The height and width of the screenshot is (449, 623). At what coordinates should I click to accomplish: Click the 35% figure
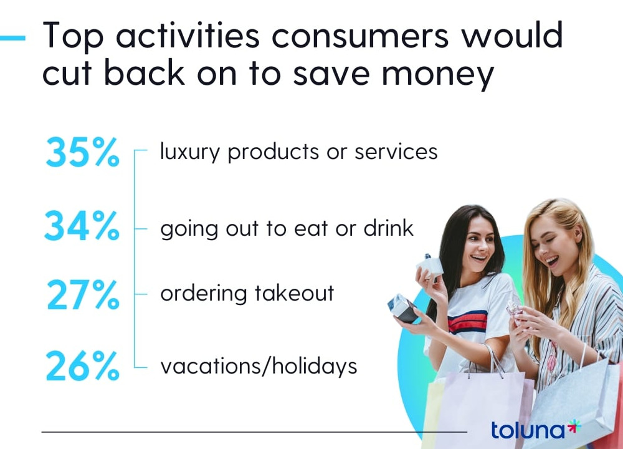[82, 152]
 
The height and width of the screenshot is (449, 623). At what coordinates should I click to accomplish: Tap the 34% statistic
[82, 226]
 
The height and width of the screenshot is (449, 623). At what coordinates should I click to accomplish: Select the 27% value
[83, 295]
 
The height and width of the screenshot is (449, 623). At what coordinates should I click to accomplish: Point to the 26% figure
[82, 366]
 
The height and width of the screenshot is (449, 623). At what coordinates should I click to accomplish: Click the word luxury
[189, 152]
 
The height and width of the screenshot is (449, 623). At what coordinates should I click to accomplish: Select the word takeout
[295, 293]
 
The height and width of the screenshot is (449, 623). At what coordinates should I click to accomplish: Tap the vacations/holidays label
[259, 366]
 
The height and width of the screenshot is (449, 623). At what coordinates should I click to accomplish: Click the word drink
[389, 228]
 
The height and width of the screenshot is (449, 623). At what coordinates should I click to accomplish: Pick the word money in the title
[438, 75]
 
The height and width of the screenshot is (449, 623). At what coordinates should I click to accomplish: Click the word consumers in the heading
[361, 36]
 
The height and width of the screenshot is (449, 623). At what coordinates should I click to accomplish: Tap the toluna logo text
[528, 430]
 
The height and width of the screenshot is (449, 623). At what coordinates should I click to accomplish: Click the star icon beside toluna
[574, 427]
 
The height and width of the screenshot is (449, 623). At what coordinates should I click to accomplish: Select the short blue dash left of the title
[12, 38]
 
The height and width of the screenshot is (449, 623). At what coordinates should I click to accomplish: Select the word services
[396, 152]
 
